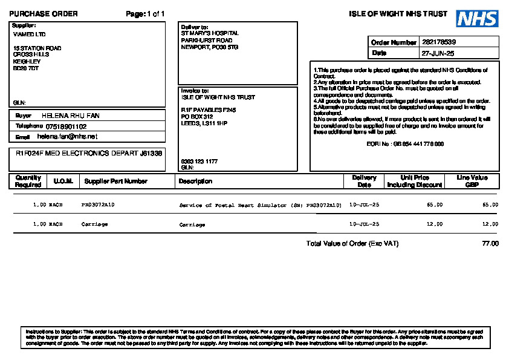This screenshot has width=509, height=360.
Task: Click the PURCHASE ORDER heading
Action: point(44,14)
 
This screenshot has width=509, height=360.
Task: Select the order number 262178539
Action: point(439,42)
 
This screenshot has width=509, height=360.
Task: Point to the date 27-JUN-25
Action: point(438,53)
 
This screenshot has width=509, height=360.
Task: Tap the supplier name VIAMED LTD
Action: point(29,34)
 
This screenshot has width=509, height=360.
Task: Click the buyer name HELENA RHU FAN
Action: point(71,116)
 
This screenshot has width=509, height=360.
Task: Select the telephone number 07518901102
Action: point(66,126)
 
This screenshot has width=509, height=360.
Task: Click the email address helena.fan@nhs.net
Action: point(67,137)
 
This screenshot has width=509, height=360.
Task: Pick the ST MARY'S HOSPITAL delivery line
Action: point(210,33)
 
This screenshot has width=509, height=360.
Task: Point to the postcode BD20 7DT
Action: point(26,68)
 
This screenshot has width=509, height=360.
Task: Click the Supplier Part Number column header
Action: point(116,181)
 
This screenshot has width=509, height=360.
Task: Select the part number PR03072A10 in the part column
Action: point(98,205)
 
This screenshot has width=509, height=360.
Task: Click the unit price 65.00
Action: point(435,205)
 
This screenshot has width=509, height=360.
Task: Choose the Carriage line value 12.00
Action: point(490,224)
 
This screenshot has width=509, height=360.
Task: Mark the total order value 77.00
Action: point(490,244)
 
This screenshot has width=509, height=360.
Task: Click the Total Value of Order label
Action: point(352,244)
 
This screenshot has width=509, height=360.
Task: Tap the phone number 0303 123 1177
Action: point(199,162)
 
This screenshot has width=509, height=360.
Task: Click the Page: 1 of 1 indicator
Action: point(145,14)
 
